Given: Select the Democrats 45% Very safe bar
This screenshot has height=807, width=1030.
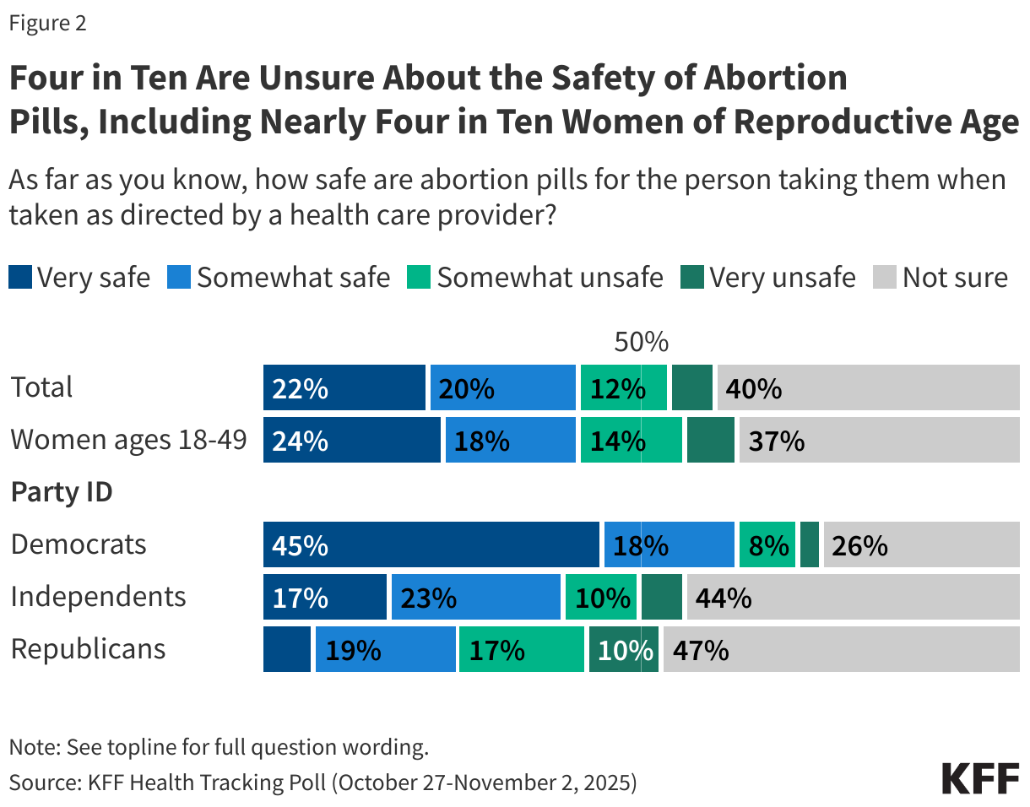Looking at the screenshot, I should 431,544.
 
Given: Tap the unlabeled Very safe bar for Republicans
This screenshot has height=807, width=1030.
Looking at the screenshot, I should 286,649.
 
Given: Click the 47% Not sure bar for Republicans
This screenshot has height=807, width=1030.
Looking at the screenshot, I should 841,649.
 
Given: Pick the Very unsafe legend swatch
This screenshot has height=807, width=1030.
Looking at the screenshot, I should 691,277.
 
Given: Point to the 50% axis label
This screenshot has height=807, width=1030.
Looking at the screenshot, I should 641,342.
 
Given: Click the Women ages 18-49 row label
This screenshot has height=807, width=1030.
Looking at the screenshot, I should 128,440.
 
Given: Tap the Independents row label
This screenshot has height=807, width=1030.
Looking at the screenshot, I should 98,597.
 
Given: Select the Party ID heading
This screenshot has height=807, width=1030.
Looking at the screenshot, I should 62,492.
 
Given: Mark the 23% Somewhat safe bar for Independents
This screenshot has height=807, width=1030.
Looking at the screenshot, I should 475,597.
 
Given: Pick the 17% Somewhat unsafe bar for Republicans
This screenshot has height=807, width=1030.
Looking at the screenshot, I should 521,649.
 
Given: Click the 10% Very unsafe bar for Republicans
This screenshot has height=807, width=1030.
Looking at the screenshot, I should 623,649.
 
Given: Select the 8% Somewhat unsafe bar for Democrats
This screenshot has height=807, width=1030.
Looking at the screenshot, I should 767,544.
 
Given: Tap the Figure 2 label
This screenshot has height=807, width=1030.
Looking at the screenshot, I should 47,24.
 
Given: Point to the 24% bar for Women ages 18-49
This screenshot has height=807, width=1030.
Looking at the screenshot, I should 351,440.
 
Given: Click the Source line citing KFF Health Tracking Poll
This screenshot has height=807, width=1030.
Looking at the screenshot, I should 323,782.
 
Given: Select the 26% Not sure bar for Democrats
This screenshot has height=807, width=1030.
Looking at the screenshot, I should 921,544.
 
